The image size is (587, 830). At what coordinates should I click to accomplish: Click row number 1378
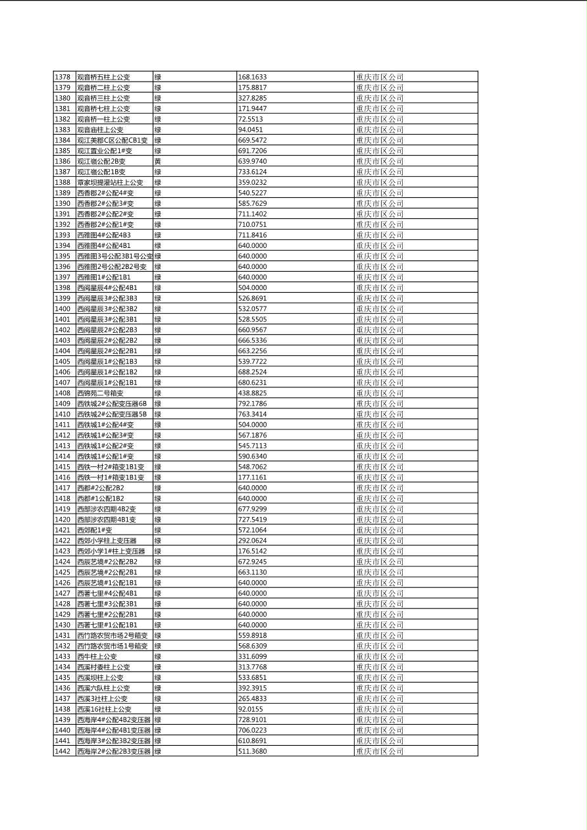(x=63, y=77)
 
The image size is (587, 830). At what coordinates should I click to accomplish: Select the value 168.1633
(x=252, y=77)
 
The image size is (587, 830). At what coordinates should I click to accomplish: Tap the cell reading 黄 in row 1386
(x=158, y=161)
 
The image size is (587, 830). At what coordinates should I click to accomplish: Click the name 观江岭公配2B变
(x=101, y=161)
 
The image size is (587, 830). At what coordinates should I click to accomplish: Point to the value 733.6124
(x=252, y=172)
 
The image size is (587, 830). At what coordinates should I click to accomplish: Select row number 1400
(x=63, y=308)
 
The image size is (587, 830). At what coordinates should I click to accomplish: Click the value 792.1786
(x=252, y=404)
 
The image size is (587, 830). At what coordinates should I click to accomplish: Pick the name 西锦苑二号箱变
(x=100, y=393)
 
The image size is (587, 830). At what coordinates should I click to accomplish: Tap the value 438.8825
(x=252, y=393)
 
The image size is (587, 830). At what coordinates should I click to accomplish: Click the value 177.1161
(x=252, y=477)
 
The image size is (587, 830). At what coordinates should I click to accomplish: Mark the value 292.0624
(x=252, y=541)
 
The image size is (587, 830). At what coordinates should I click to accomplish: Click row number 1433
(x=63, y=656)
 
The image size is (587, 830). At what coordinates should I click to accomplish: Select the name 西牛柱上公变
(x=97, y=656)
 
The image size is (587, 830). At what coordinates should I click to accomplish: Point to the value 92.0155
(x=251, y=709)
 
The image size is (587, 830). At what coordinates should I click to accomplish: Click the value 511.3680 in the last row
(x=252, y=751)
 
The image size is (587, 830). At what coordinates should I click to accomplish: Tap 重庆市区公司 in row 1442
(x=380, y=751)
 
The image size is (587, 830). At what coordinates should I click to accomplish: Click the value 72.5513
(x=251, y=119)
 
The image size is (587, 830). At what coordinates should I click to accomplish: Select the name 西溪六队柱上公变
(x=103, y=688)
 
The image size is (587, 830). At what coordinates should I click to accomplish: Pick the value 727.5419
(x=252, y=520)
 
